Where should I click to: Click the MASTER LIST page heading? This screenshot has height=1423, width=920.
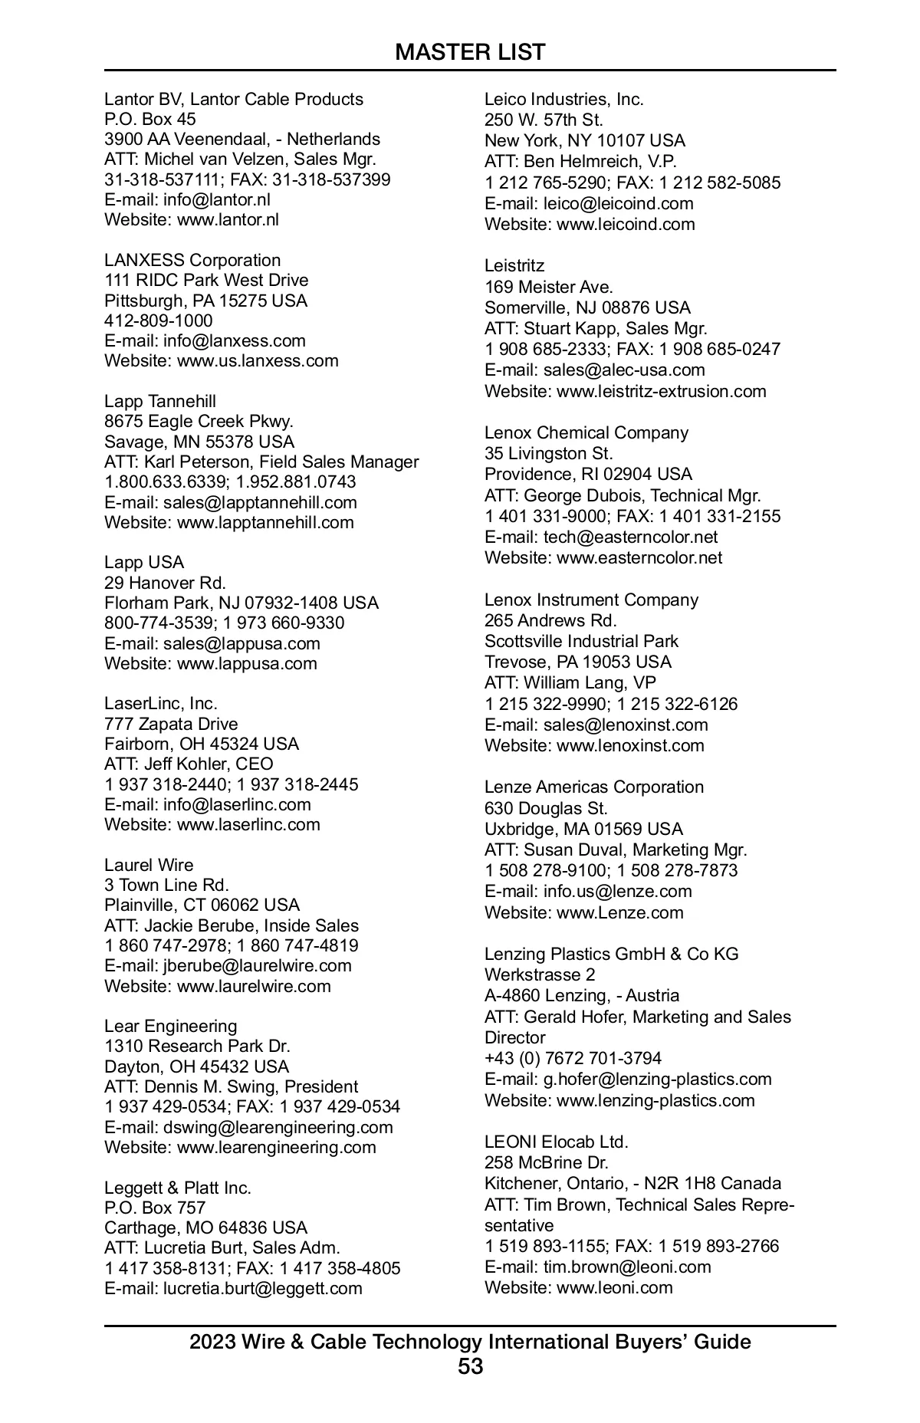point(470,52)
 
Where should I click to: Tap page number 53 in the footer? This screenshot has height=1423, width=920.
point(470,1365)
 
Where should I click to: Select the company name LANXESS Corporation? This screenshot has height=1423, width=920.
point(192,260)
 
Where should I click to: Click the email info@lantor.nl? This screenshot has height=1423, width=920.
point(216,199)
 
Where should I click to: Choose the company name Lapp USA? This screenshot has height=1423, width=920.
point(144,562)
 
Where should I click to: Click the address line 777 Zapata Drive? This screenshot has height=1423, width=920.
point(171,724)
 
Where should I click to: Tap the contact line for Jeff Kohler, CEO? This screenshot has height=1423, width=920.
point(189,764)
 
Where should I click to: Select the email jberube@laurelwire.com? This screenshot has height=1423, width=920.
point(257,965)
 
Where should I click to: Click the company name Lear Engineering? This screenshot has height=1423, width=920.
point(170,1026)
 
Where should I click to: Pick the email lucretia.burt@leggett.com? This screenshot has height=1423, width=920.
point(262,1288)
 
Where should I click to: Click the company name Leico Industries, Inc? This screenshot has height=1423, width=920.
point(563,99)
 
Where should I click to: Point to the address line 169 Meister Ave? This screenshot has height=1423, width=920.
point(548,287)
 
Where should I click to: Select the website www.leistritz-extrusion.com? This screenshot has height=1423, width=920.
point(661,391)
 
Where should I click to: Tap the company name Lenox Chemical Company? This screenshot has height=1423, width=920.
point(586,432)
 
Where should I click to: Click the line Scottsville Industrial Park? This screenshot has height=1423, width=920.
point(581,641)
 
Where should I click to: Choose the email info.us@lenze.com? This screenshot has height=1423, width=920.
point(617,891)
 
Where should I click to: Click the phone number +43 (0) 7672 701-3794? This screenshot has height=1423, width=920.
point(573,1058)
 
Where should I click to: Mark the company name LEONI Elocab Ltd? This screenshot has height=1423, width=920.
point(556,1142)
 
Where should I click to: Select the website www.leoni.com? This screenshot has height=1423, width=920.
point(614,1287)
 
